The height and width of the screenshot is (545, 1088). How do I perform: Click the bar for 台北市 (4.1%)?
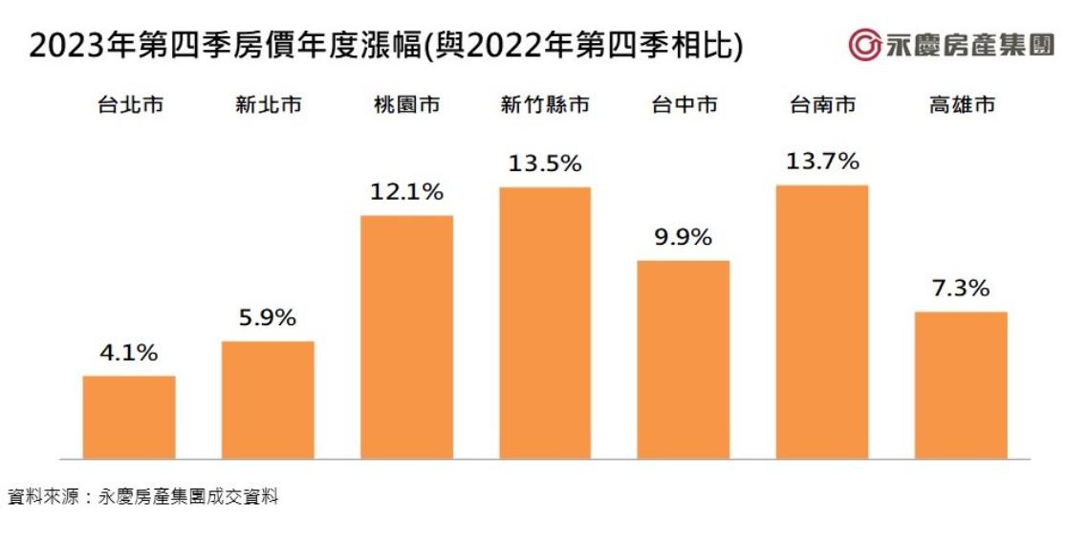(x=129, y=417)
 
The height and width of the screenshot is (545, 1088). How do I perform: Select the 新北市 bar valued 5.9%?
(x=268, y=400)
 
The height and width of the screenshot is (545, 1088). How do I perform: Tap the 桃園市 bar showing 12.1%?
(x=406, y=337)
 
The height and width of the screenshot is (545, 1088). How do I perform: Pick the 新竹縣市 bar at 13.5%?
(x=545, y=322)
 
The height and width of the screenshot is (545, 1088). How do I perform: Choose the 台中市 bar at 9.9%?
(x=683, y=359)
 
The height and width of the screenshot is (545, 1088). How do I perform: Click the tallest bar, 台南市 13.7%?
(x=822, y=321)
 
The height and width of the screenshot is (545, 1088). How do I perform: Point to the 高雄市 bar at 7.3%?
(x=961, y=384)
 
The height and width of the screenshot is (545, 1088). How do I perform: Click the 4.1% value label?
(x=128, y=353)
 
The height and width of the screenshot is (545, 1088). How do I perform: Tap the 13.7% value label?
(x=822, y=162)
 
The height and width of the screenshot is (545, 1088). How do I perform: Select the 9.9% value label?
(x=683, y=237)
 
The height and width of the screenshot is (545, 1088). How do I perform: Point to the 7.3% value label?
(x=961, y=288)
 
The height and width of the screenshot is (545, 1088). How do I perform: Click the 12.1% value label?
(x=406, y=192)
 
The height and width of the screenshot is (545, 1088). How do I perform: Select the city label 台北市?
(x=129, y=105)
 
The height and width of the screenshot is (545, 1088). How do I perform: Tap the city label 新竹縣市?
(x=544, y=105)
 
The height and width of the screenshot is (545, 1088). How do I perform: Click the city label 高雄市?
(x=961, y=105)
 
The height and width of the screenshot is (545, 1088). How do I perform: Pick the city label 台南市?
(x=822, y=105)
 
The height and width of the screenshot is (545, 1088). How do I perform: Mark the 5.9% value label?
(x=267, y=318)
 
